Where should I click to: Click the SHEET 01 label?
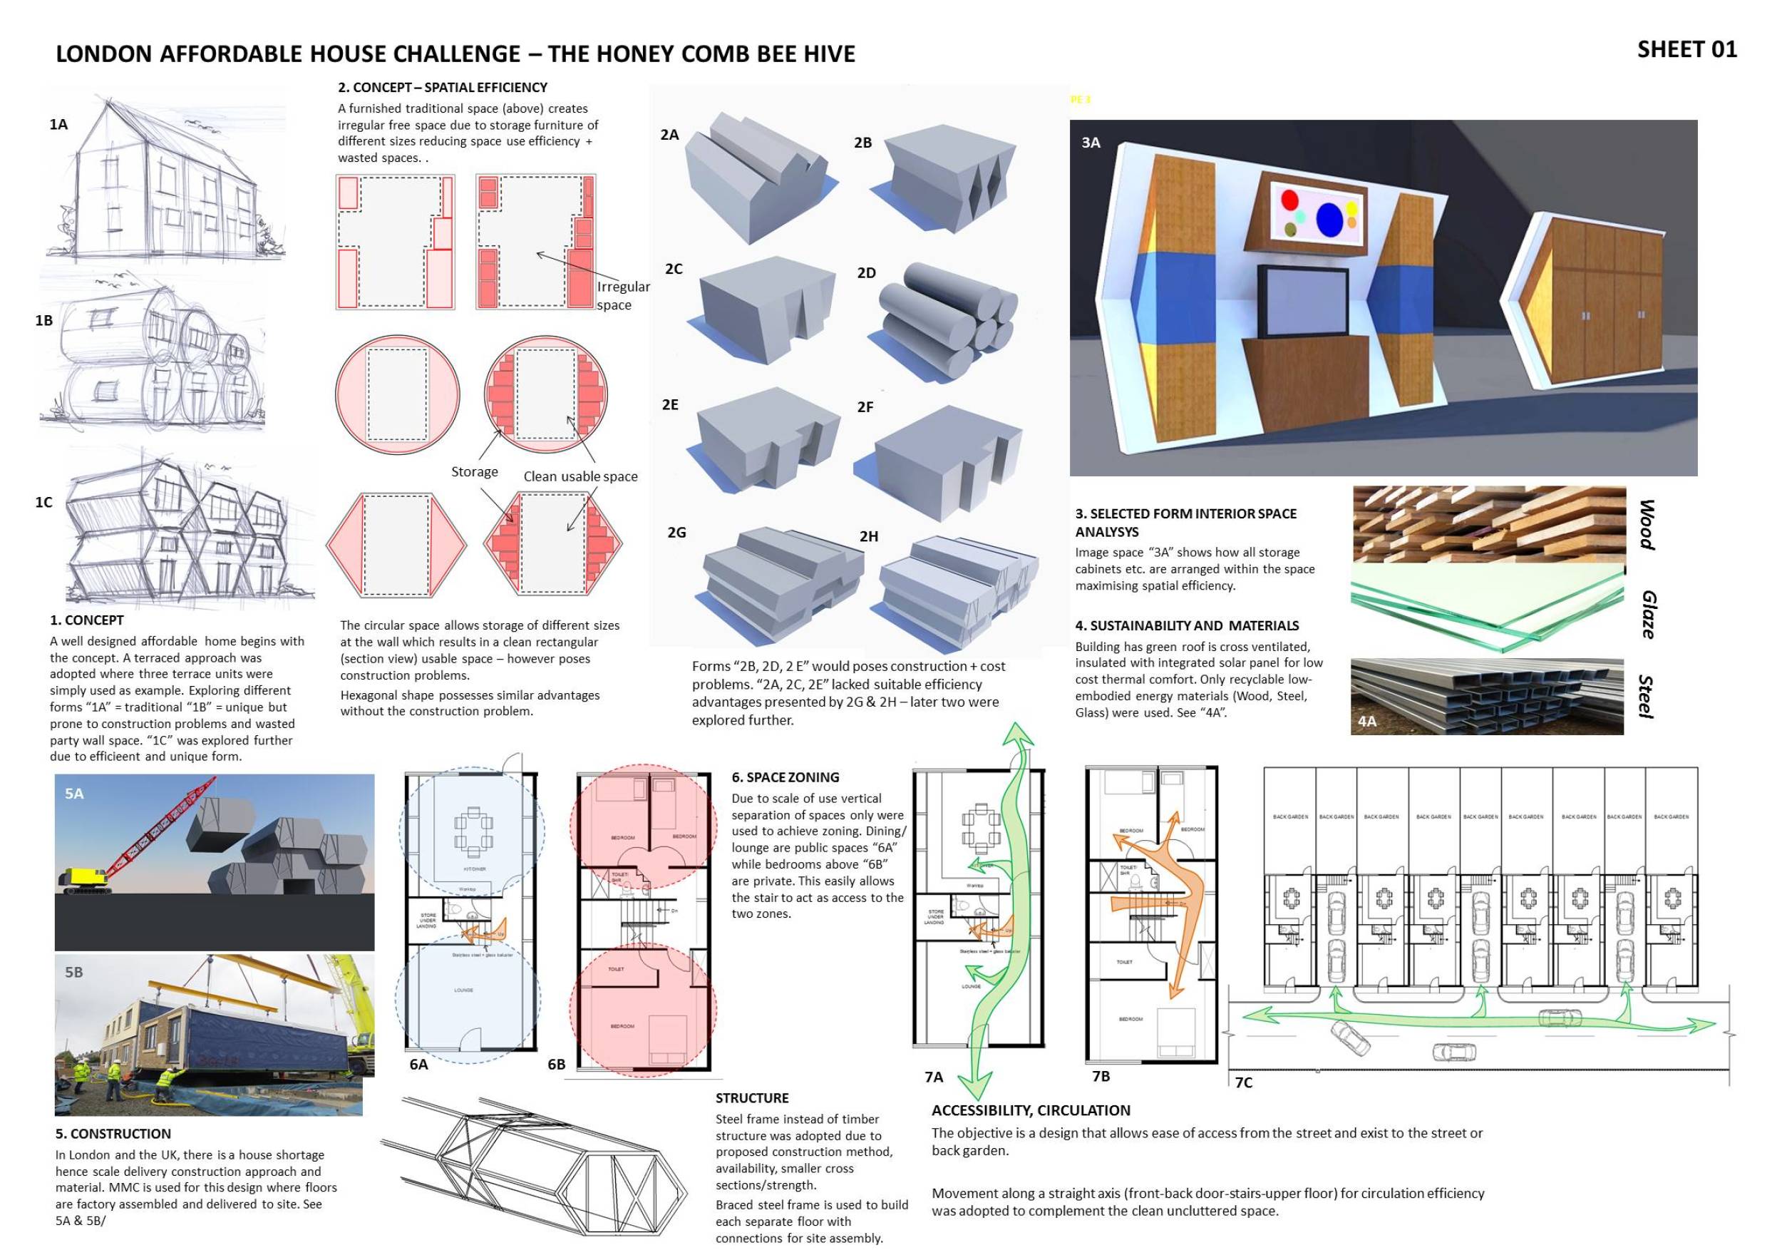[x=1686, y=50]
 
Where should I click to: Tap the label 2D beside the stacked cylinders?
[x=866, y=273]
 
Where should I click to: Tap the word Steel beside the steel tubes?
[x=1645, y=697]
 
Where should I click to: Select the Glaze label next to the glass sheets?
[x=1649, y=614]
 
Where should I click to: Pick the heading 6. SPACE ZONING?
[x=785, y=777]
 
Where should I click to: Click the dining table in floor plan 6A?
[x=473, y=830]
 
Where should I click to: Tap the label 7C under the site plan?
[x=1243, y=1082]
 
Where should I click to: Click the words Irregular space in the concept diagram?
[x=622, y=296]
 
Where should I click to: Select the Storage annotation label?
[x=474, y=472]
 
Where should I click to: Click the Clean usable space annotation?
[x=580, y=476]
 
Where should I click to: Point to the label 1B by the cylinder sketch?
[x=44, y=320]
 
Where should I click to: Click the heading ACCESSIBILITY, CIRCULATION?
[x=1030, y=1110]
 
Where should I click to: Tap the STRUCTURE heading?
[x=751, y=1097]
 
